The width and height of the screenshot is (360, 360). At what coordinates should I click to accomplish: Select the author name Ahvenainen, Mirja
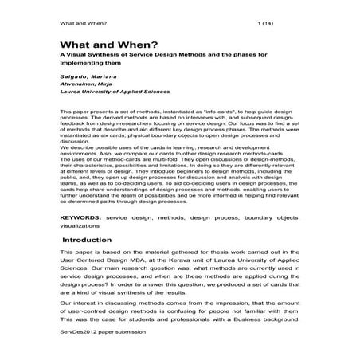click(x=89, y=84)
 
